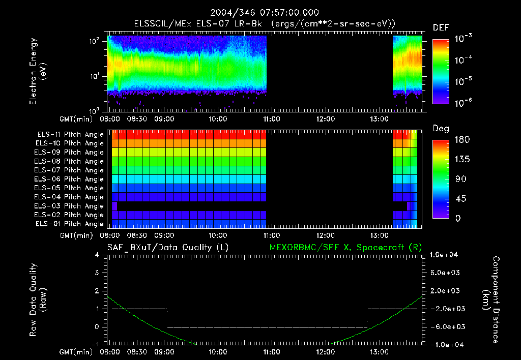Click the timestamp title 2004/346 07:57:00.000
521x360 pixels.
click(x=260, y=12)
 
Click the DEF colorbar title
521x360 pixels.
click(x=441, y=28)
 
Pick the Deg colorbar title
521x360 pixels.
click(x=441, y=129)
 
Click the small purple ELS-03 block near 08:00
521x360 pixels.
click(x=114, y=206)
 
